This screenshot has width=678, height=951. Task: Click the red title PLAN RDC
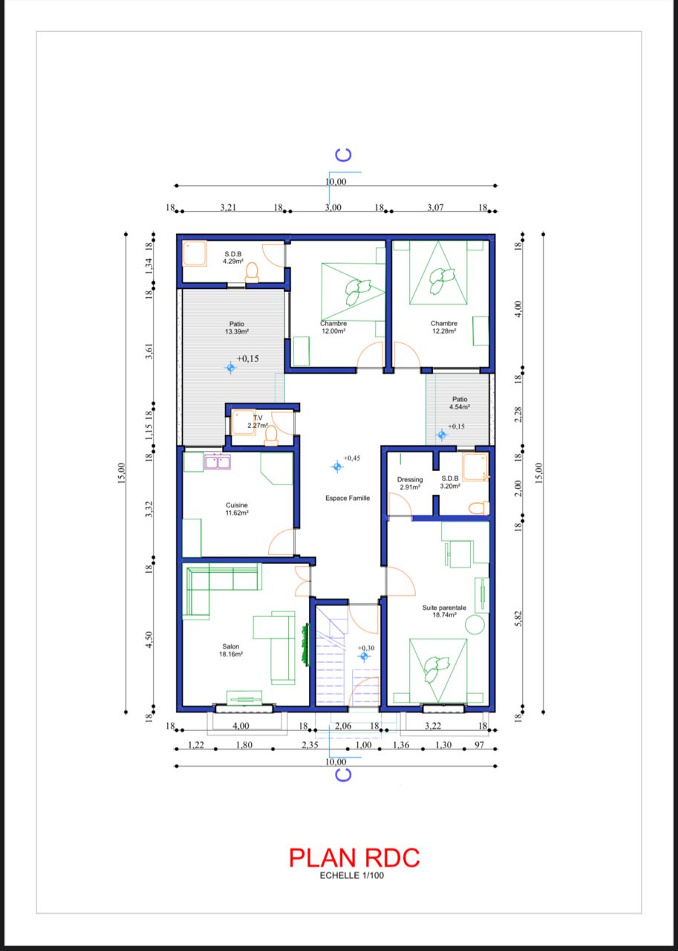click(354, 857)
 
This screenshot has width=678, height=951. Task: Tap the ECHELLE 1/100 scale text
click(352, 875)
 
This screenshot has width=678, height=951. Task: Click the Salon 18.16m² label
click(231, 650)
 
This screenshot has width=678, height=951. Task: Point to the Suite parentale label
click(444, 608)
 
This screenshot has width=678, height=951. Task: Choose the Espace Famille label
click(348, 498)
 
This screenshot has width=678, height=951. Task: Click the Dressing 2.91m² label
click(410, 483)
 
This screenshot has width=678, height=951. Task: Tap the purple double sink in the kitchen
click(218, 462)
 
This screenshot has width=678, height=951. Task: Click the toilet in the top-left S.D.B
click(252, 273)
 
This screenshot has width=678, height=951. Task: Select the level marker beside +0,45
click(337, 467)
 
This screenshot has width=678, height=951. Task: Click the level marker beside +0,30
click(364, 656)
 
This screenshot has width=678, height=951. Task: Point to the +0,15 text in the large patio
click(247, 358)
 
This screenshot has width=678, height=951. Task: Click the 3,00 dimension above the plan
click(333, 207)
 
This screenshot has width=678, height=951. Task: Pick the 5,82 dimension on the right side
click(518, 620)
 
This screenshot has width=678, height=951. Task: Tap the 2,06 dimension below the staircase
click(343, 726)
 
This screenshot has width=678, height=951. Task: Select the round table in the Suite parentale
click(475, 625)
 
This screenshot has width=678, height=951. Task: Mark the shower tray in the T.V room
click(243, 423)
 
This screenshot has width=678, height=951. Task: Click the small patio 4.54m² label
click(460, 403)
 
